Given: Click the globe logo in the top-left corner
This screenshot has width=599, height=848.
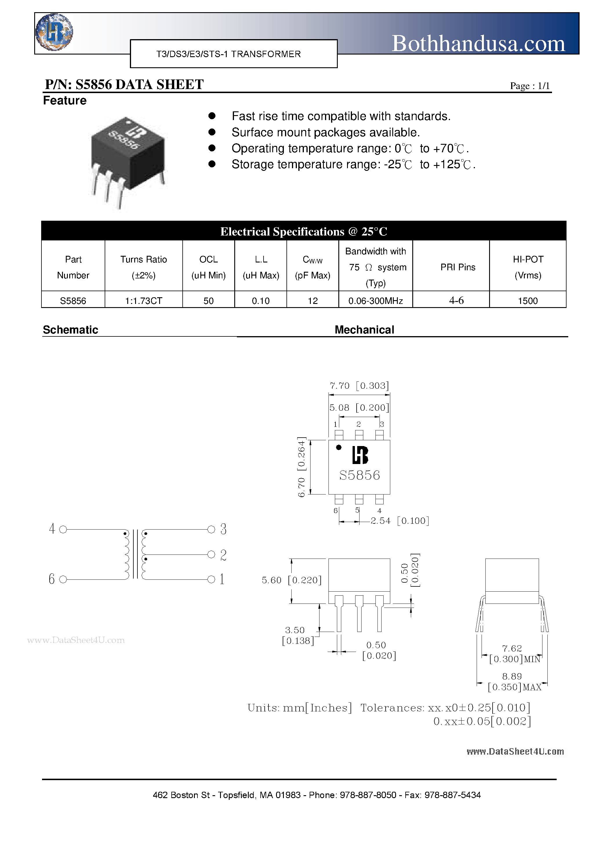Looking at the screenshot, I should pyautogui.click(x=54, y=32).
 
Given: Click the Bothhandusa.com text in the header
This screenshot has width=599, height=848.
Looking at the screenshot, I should pyautogui.click(x=478, y=44).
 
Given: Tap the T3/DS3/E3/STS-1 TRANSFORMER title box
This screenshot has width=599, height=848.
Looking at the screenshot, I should pyautogui.click(x=233, y=54).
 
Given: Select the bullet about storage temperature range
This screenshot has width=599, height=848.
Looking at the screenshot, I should pyautogui.click(x=353, y=164).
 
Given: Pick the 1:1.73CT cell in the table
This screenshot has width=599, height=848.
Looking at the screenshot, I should pyautogui.click(x=144, y=301).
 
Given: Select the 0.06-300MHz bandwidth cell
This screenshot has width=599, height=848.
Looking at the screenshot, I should pyautogui.click(x=375, y=301).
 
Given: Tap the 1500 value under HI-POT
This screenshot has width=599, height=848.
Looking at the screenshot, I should pyautogui.click(x=527, y=301).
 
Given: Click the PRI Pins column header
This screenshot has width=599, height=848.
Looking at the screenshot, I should pyautogui.click(x=458, y=267).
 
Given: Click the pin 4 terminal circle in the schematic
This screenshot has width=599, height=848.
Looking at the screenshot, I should pyautogui.click(x=63, y=530).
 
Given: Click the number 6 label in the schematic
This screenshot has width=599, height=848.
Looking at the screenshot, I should pyautogui.click(x=52, y=579).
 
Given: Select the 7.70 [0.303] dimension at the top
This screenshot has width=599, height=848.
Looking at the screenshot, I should pyautogui.click(x=359, y=386).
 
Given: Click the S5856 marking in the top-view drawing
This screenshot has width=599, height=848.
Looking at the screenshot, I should pyautogui.click(x=359, y=475).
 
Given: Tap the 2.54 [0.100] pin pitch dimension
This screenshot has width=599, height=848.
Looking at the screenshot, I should pyautogui.click(x=400, y=521).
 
